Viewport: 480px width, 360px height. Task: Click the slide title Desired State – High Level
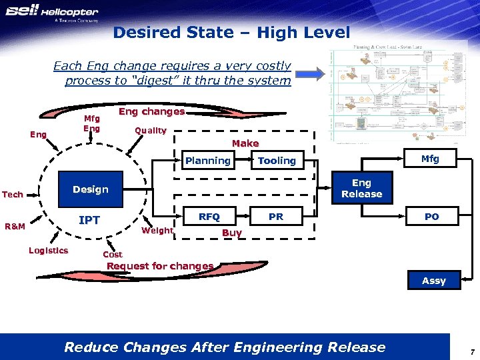coord(231,32)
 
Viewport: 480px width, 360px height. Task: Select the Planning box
coord(208,161)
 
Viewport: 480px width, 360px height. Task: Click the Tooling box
coord(277,161)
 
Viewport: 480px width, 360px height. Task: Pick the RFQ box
coord(209,217)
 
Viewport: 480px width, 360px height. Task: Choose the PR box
coord(276,217)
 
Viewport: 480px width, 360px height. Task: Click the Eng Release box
coord(361,189)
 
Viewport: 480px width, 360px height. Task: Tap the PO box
coord(431,217)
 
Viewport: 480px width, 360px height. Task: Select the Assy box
coord(433,281)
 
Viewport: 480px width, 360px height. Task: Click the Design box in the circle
coord(91,189)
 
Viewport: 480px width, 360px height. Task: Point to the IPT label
coord(89,220)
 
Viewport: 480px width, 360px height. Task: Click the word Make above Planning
coord(245,143)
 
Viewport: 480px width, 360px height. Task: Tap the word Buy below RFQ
coord(231,233)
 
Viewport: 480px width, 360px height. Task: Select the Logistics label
coord(48,250)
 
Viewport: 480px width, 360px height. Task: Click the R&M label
coord(15,227)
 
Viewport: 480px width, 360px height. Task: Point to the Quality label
coord(151,131)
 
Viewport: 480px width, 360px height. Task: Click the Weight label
coord(158,231)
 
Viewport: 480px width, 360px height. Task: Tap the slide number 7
coord(471,351)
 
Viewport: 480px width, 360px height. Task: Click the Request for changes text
coord(160,266)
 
